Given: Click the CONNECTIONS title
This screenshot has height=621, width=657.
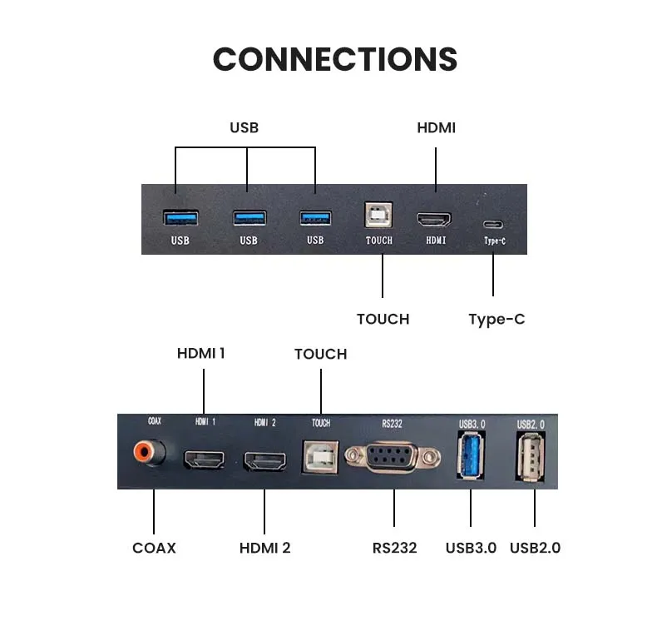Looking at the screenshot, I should click(335, 59).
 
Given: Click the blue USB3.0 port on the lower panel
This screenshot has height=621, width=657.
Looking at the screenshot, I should click(470, 455).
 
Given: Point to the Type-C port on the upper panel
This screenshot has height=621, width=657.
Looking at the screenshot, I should click(493, 223).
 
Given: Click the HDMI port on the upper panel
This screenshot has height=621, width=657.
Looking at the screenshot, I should click(435, 220).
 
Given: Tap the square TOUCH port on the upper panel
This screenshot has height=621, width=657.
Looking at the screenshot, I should click(379, 217).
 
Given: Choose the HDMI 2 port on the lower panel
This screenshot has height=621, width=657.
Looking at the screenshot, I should click(264, 460).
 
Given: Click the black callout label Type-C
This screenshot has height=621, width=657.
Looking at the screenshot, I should click(496, 319).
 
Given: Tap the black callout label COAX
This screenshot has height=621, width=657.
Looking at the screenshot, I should click(154, 548).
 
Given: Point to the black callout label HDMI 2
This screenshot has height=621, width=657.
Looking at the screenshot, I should click(264, 548).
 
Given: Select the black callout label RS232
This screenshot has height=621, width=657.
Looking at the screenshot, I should click(394, 548).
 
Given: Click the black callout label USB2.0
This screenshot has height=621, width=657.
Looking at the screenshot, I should click(535, 548).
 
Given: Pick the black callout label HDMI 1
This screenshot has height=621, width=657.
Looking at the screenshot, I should click(200, 353).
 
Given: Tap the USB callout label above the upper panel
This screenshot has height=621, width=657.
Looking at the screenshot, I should click(244, 127).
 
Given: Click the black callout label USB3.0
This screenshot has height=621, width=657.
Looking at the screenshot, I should click(471, 548).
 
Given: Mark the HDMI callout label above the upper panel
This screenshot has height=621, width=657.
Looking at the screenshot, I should click(436, 127).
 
